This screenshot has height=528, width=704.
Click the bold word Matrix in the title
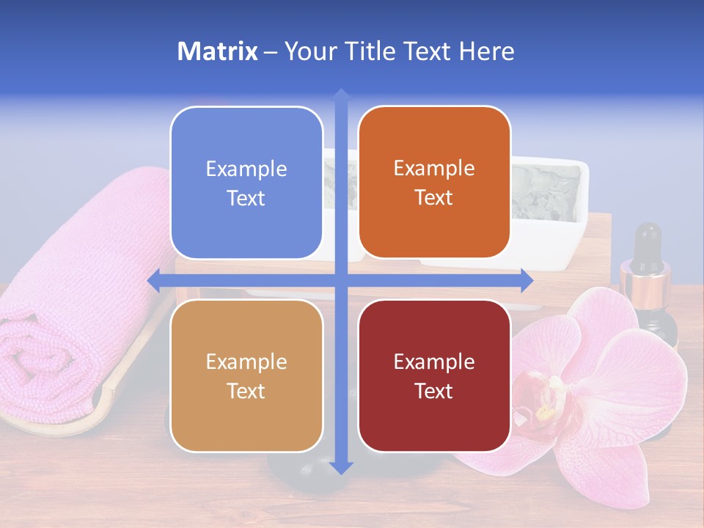(x=218, y=51)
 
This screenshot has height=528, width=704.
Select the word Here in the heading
(x=486, y=51)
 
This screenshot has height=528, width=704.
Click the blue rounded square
(x=246, y=183)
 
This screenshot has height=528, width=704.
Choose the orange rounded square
(x=434, y=183)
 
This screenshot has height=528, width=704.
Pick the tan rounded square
(x=246, y=376)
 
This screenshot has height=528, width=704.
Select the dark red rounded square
(x=434, y=376)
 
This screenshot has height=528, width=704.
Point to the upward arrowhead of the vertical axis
(x=340, y=95)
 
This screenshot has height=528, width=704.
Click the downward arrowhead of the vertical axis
(x=340, y=467)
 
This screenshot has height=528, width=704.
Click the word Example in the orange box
(x=434, y=168)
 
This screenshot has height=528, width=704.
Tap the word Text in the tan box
(x=246, y=391)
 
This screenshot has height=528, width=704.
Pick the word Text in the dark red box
(x=434, y=391)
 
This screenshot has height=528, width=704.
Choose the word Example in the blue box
(x=246, y=169)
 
